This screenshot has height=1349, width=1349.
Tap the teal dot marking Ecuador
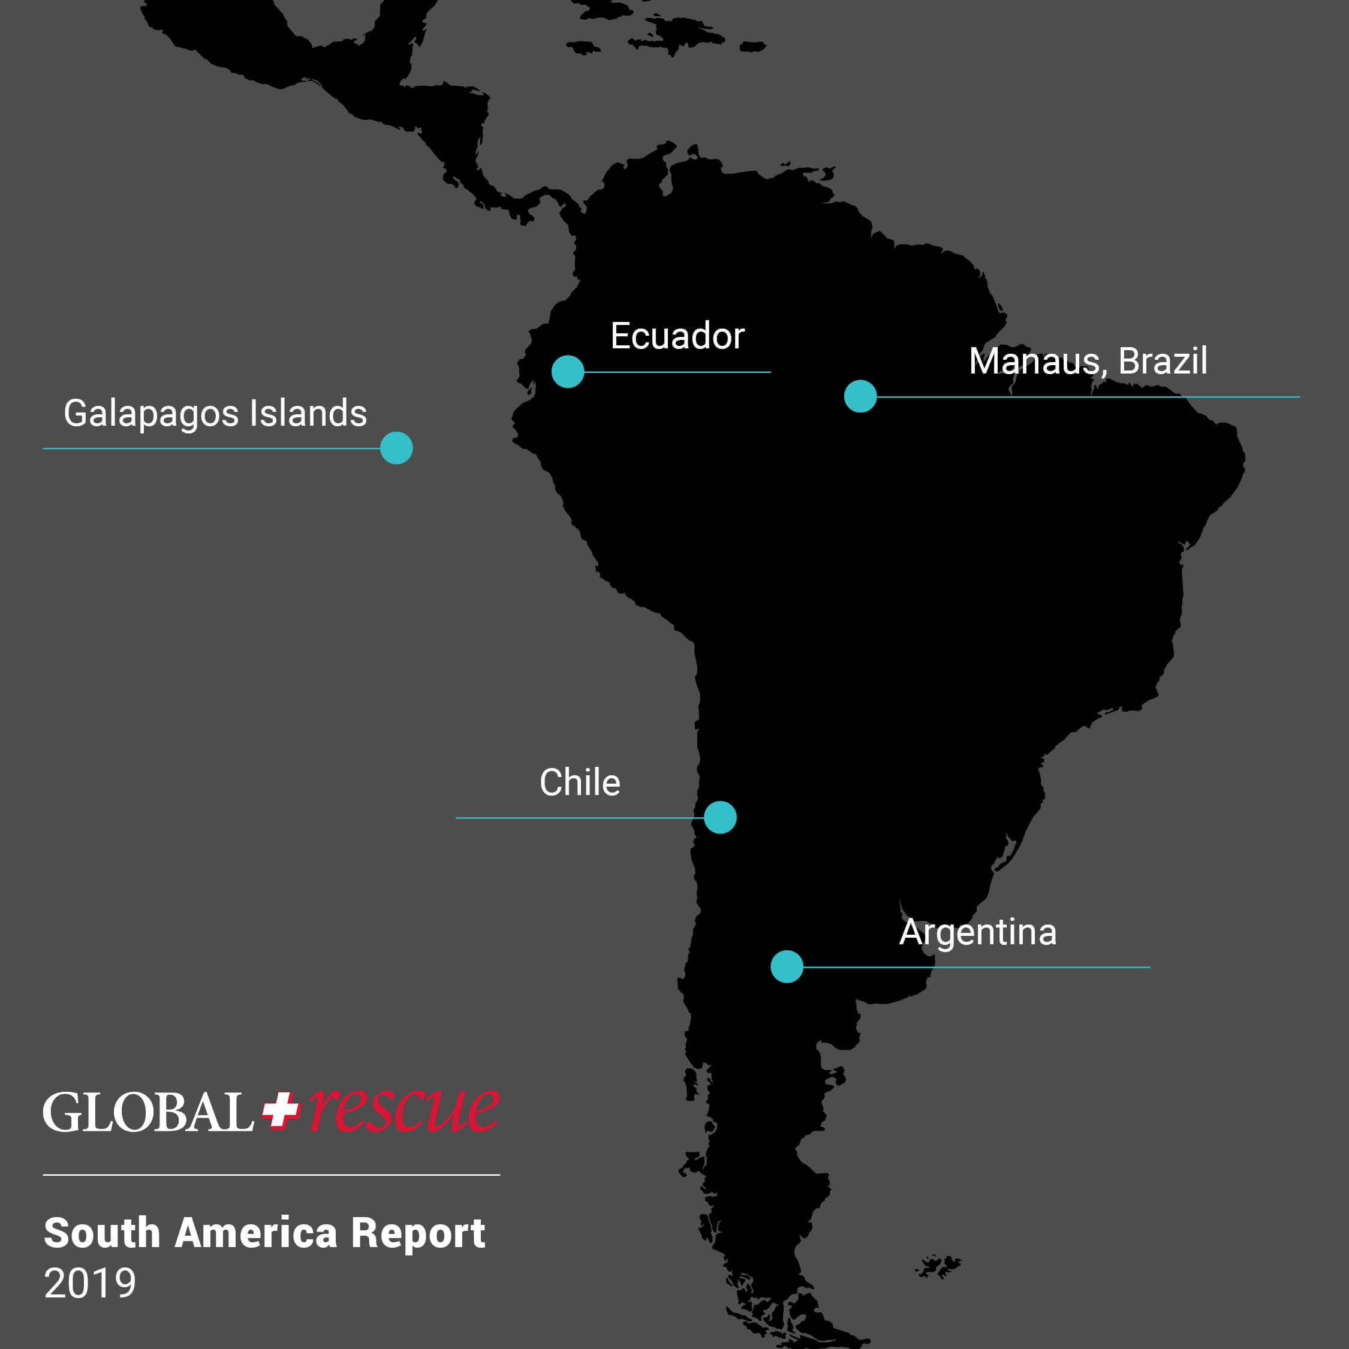(x=568, y=372)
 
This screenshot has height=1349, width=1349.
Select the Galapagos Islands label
(x=215, y=413)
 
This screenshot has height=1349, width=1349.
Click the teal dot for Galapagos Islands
(x=396, y=448)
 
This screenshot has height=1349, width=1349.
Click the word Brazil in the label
(x=1162, y=361)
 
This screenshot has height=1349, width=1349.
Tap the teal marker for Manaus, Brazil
(x=860, y=396)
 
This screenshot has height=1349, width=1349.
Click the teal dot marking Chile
(x=720, y=818)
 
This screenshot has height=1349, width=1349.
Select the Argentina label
(x=977, y=932)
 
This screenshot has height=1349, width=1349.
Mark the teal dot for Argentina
(x=787, y=967)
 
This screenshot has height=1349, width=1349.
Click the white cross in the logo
(x=281, y=1110)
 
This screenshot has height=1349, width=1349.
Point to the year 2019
(x=90, y=1284)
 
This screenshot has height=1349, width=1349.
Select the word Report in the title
(x=417, y=1233)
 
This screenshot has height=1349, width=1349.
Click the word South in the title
(x=102, y=1233)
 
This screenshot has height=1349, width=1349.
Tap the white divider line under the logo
(x=271, y=1175)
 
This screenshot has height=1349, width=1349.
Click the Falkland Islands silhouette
(x=938, y=1265)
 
